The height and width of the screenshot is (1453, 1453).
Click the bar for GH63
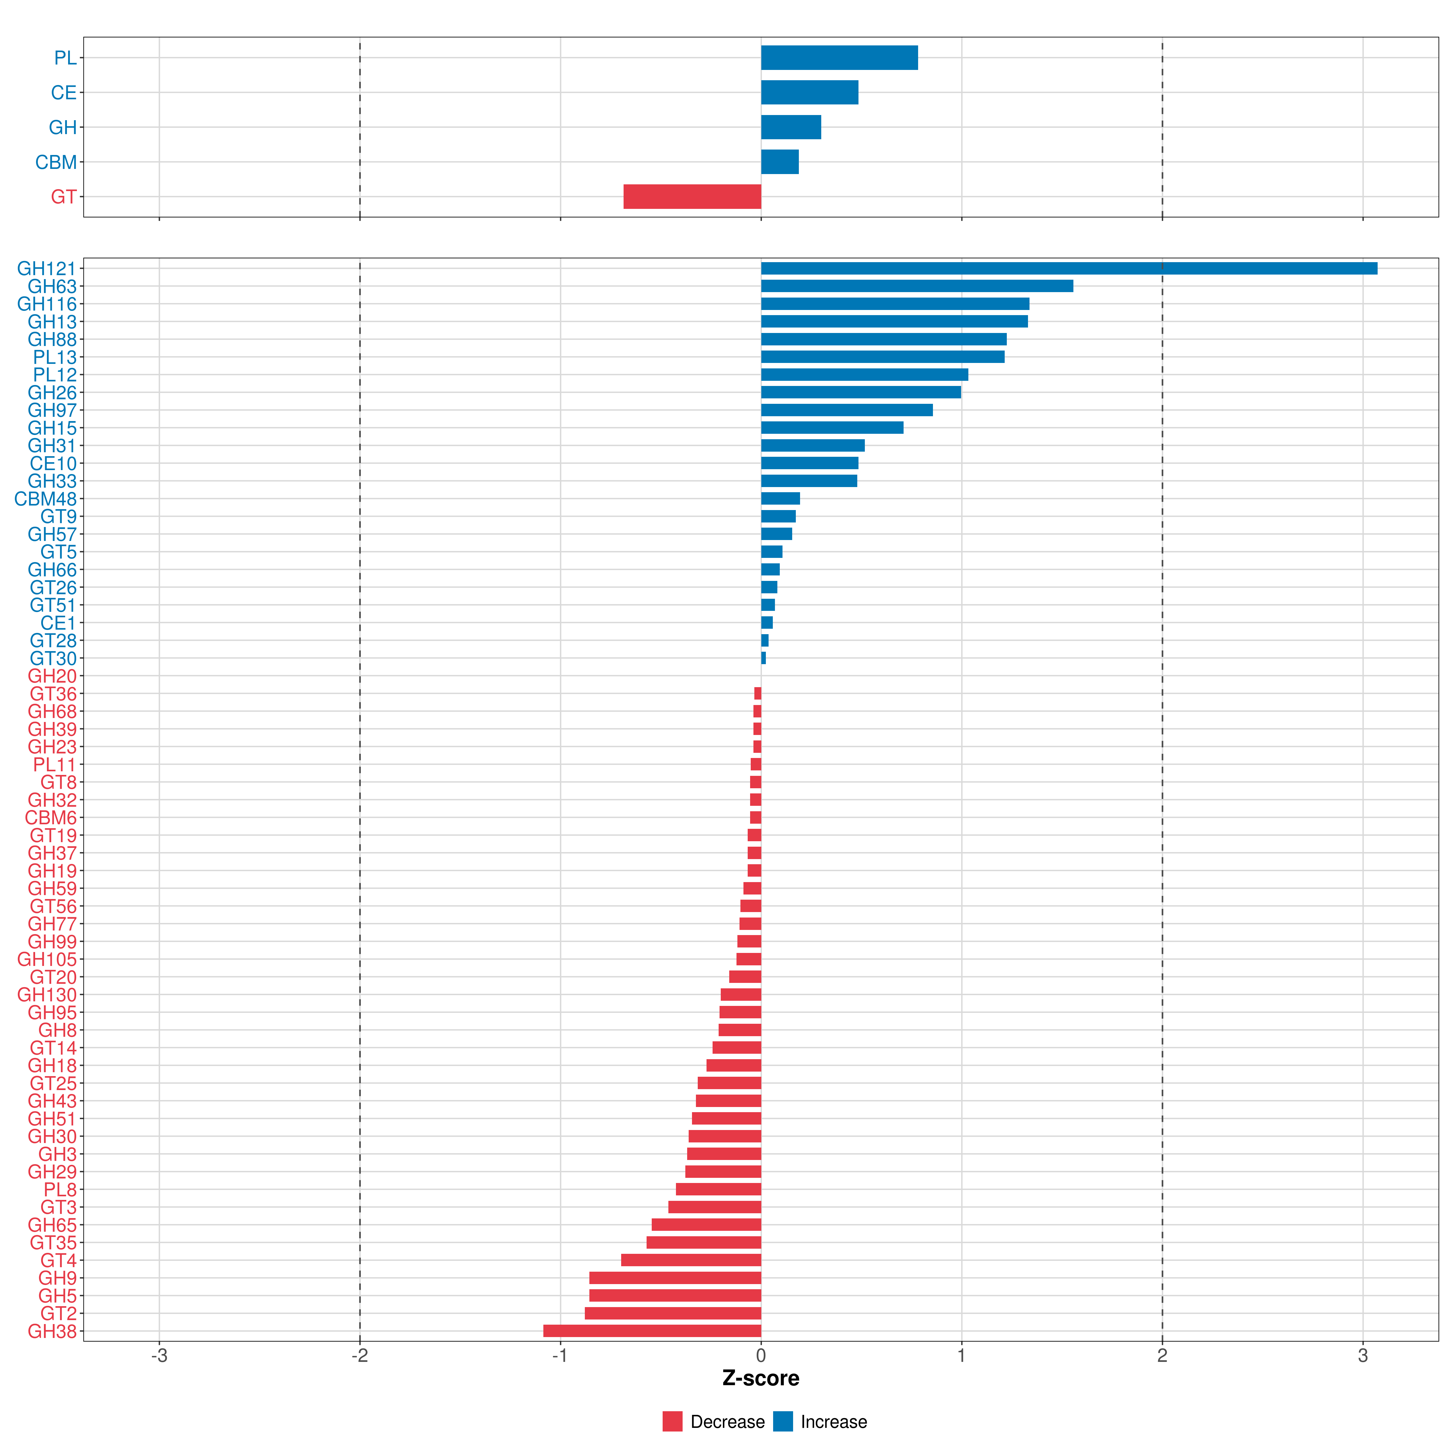pyautogui.click(x=917, y=286)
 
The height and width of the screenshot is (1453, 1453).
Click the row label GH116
pyautogui.click(x=47, y=304)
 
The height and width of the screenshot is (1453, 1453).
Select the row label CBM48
pyautogui.click(x=45, y=499)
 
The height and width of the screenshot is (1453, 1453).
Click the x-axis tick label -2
pyautogui.click(x=360, y=1356)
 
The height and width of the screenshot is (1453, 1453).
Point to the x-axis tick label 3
pyautogui.click(x=1363, y=1356)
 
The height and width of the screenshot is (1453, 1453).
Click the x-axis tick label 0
pyautogui.click(x=761, y=1356)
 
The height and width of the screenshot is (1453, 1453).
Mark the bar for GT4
pyautogui.click(x=691, y=1260)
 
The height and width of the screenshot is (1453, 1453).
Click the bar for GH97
pyautogui.click(x=847, y=410)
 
